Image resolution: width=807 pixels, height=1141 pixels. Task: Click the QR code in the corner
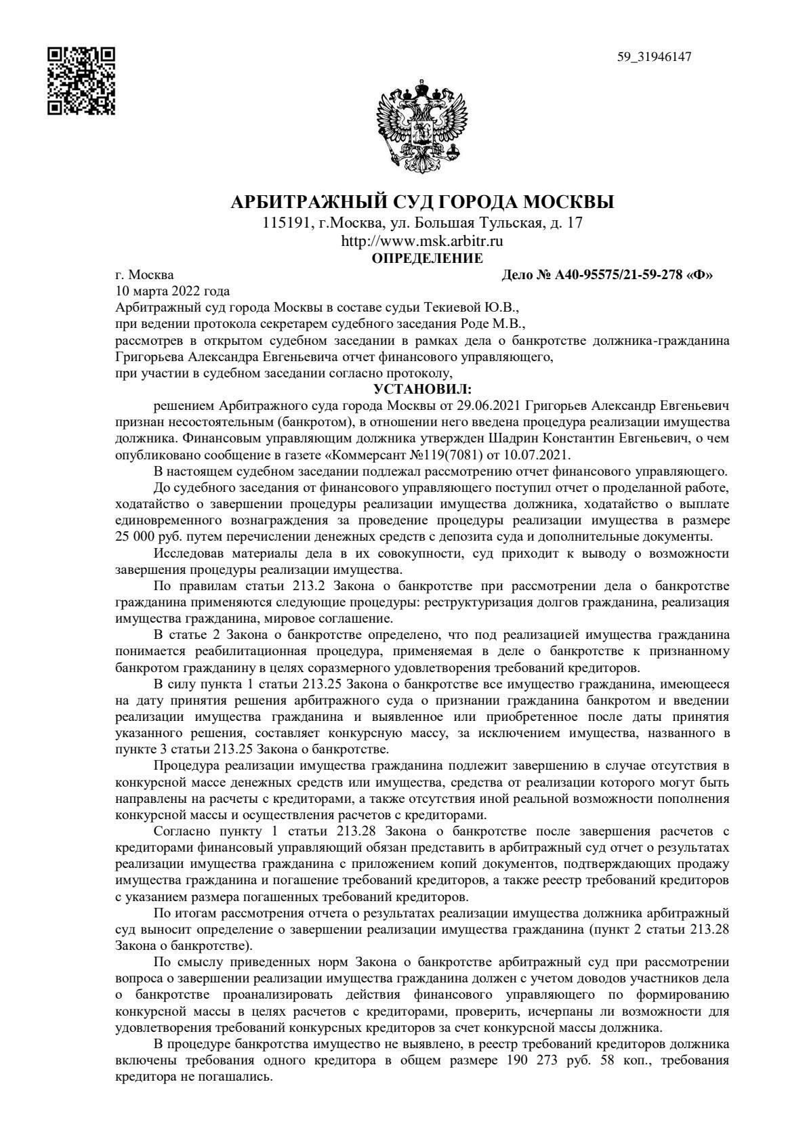point(81,80)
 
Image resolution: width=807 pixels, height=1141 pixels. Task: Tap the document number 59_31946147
point(653,57)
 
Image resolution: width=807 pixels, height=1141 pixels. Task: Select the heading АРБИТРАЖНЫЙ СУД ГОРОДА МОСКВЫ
point(423,203)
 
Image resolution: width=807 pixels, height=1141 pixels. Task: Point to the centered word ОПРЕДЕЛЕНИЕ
point(428,258)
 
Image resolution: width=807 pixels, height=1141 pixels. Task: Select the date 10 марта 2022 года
point(173,291)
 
